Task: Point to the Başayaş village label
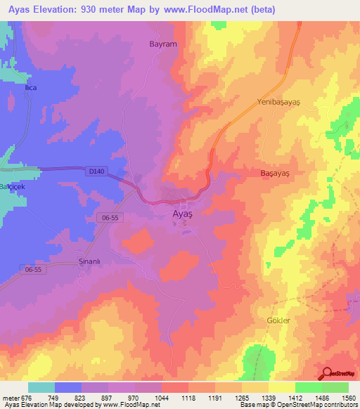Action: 276,172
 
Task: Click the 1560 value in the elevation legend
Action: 349,398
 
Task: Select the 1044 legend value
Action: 162,398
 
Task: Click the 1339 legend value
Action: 269,398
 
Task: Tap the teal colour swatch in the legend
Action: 41,387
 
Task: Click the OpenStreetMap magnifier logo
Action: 328,373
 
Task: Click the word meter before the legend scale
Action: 11,398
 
